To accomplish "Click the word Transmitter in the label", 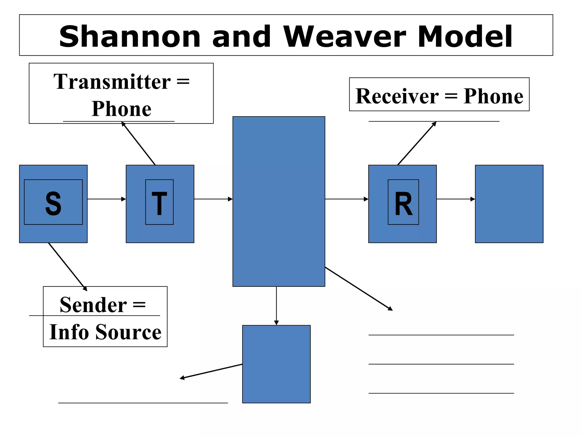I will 112,82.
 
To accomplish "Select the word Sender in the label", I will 93,305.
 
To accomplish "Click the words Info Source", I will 105,332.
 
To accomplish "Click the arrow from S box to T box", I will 106,199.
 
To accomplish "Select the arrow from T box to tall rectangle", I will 213,199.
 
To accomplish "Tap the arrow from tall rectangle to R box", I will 346,199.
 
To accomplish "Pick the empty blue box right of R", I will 509,204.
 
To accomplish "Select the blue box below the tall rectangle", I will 276,364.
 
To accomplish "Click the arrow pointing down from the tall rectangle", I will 276,306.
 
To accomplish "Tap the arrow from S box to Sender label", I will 68,267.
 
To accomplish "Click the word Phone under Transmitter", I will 121,109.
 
